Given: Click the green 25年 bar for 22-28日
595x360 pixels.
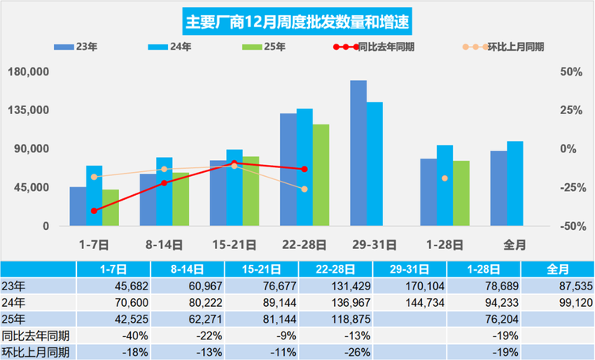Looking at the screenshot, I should pyautogui.click(x=321, y=175).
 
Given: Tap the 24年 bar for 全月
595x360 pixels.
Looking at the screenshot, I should pyautogui.click(x=515, y=183).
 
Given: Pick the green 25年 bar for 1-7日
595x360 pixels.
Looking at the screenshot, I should pyautogui.click(x=110, y=208).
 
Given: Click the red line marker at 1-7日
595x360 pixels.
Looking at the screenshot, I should pyautogui.click(x=94, y=211).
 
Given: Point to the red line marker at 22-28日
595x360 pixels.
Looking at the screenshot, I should pyautogui.click(x=305, y=169).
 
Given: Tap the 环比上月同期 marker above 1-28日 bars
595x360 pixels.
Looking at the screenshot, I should pyautogui.click(x=445, y=178).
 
